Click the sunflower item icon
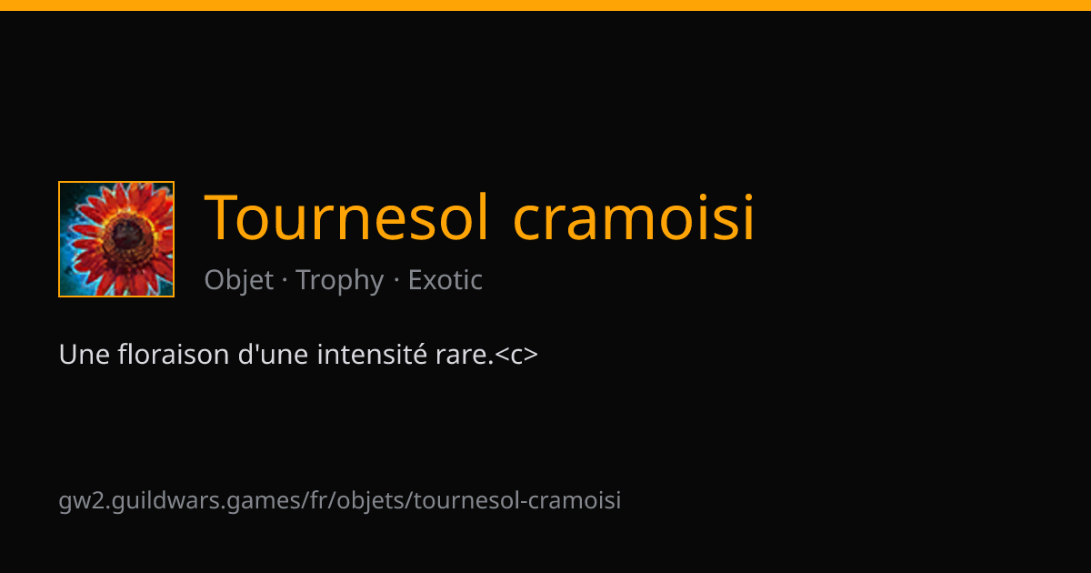116,238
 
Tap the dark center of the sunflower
127,235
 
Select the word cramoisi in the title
634,217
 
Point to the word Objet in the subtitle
238,280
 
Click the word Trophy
340,280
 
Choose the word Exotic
445,280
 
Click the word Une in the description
84,354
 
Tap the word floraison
174,354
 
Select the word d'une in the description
273,354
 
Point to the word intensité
372,354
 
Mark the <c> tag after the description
516,356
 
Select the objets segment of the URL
371,501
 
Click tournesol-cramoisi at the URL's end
517,500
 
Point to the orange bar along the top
545,5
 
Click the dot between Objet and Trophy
285,281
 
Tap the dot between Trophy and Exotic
396,281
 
